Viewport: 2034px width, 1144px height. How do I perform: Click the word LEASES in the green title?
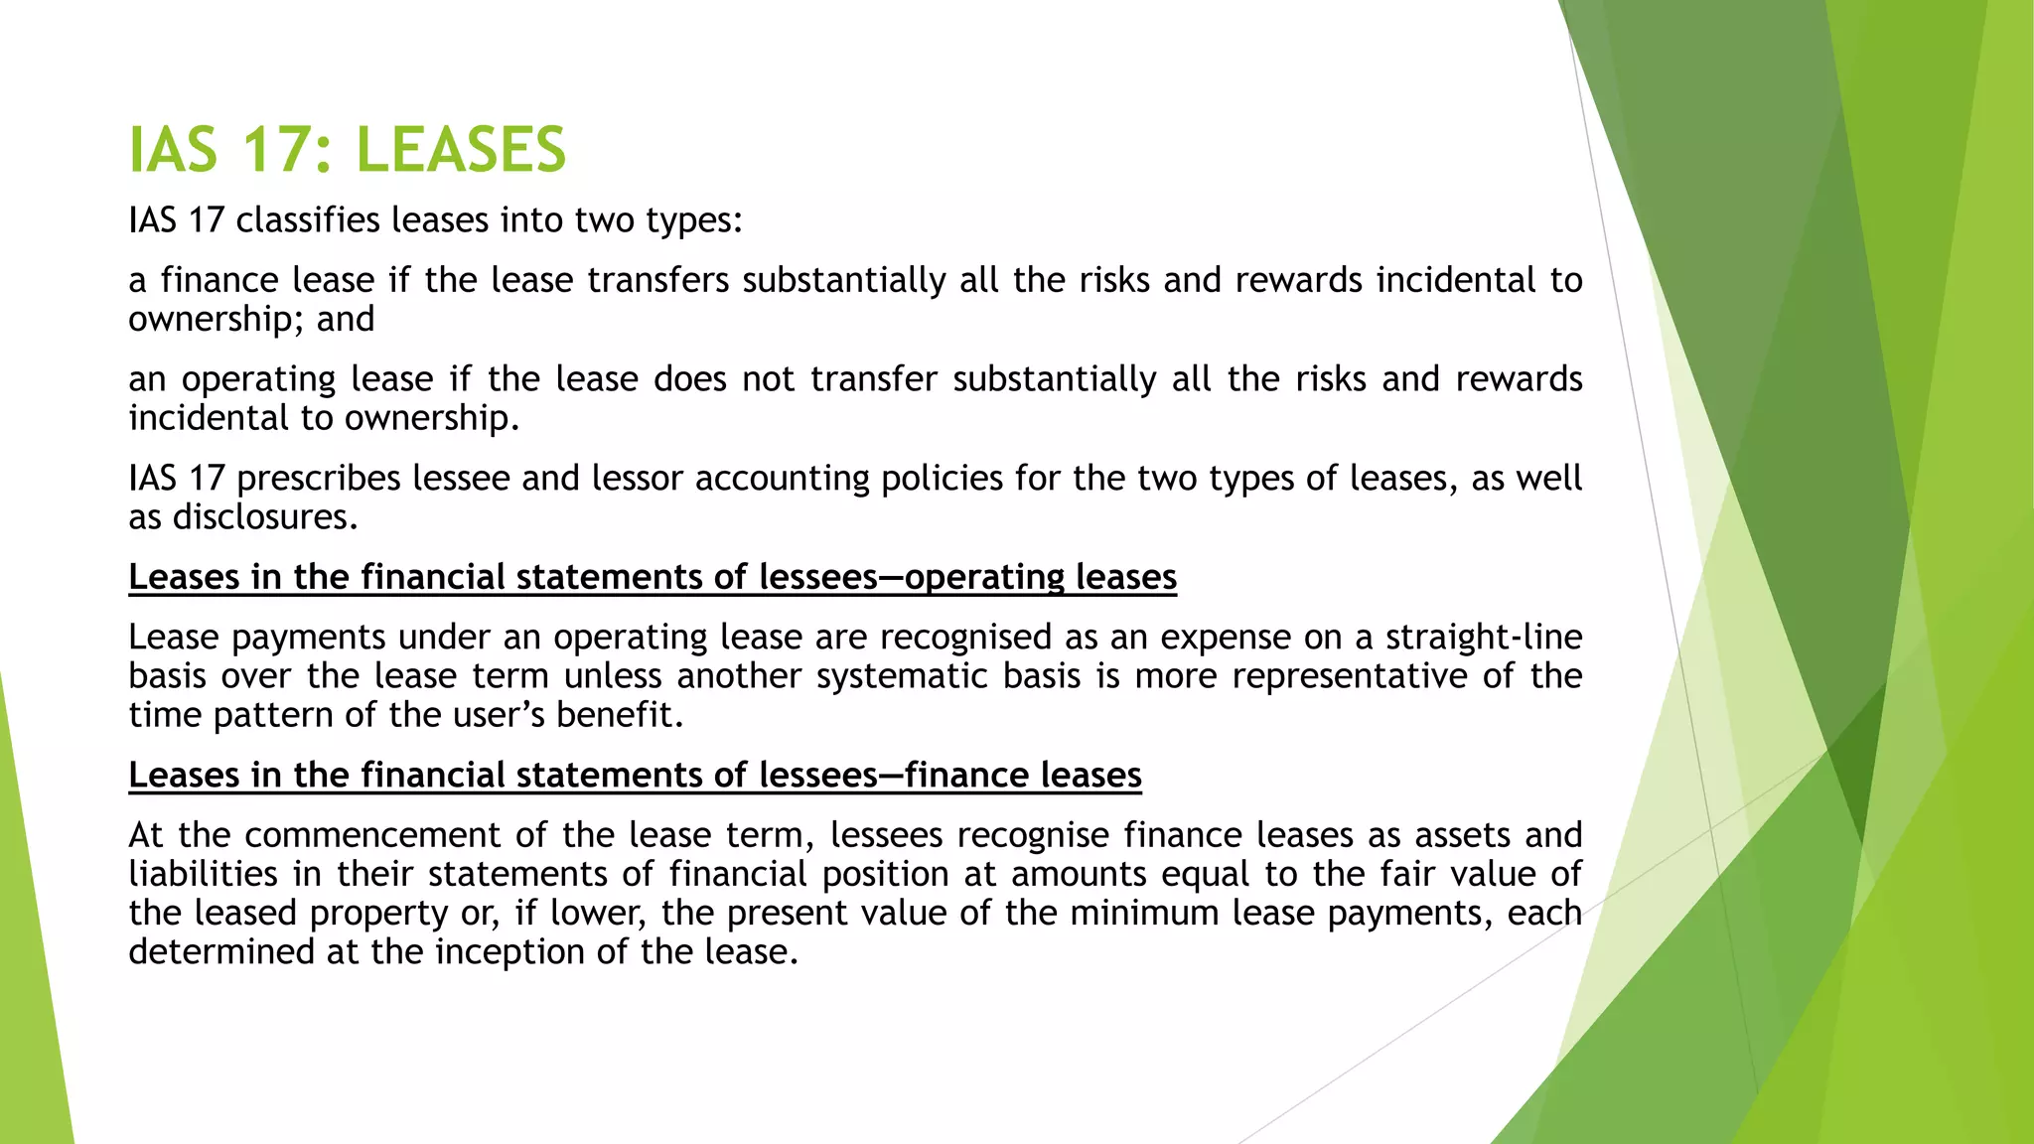point(460,151)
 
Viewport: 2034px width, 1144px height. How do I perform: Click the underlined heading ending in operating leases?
point(653,577)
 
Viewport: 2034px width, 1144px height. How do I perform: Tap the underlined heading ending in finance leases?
point(635,775)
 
